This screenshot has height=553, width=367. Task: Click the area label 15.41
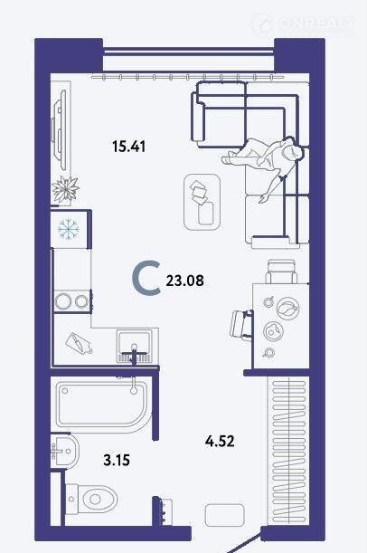[129, 146]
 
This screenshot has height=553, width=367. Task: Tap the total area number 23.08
[185, 281]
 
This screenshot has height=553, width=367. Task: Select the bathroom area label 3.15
[117, 460]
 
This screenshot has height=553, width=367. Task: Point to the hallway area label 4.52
[220, 441]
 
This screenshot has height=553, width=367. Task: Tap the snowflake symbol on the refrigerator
[69, 229]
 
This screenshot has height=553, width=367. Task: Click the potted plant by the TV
[65, 189]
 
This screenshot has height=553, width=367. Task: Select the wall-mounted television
[60, 129]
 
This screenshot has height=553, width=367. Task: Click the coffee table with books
[202, 202]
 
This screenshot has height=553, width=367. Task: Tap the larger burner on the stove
[63, 301]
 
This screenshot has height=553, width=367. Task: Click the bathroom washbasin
[64, 451]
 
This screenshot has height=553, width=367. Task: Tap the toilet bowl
[91, 499]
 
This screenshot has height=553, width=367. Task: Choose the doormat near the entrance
[225, 515]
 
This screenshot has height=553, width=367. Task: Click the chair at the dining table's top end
[281, 272]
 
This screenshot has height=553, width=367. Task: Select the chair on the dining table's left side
[241, 324]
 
